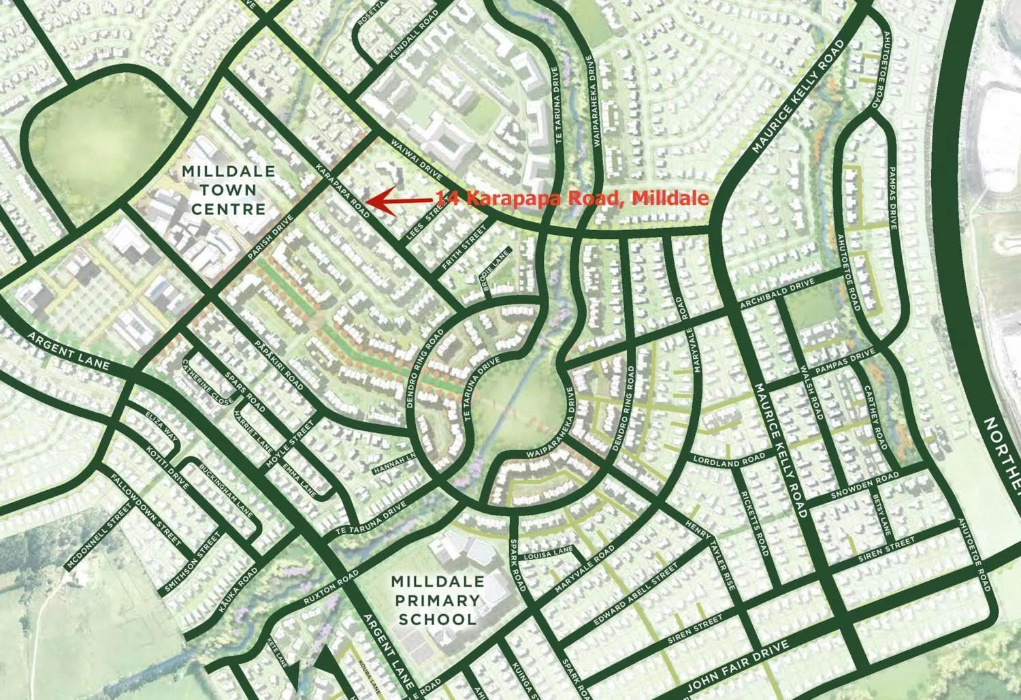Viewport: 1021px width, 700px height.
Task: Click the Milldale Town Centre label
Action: pos(228,189)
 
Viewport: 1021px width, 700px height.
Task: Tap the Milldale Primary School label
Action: pos(437,601)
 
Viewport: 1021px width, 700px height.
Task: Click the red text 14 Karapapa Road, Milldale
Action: pos(572,198)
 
